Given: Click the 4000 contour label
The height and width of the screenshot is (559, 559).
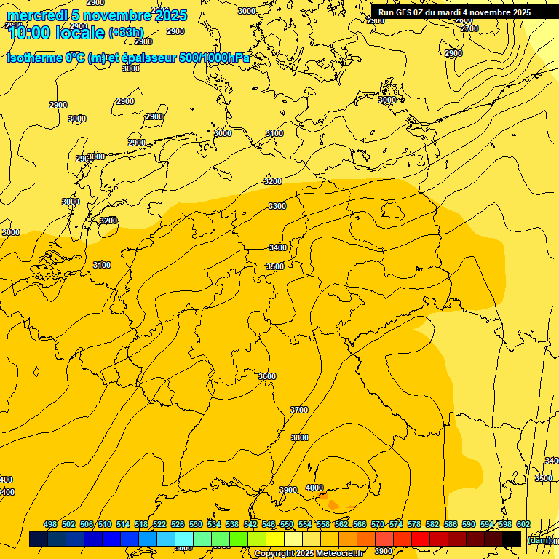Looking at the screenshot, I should [x=314, y=488].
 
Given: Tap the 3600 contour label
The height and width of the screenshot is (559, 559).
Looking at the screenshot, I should [x=267, y=376].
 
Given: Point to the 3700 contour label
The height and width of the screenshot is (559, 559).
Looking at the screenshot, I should [x=299, y=410].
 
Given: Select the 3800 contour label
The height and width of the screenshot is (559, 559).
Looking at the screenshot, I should [x=300, y=437].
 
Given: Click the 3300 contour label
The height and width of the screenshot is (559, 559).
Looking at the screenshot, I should [x=277, y=206].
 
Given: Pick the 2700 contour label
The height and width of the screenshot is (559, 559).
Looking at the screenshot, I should [x=469, y=28].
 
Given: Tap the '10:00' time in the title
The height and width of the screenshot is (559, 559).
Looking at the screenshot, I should [x=30, y=32].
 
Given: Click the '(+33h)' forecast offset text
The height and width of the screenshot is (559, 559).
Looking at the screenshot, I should [x=126, y=33].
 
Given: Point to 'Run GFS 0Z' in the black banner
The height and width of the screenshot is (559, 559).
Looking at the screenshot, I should [x=405, y=12].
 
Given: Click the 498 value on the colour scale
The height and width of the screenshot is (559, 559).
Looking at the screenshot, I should [x=50, y=524].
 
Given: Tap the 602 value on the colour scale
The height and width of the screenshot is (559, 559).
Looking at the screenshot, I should [x=523, y=524].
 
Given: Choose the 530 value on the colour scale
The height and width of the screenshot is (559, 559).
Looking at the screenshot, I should [x=196, y=524].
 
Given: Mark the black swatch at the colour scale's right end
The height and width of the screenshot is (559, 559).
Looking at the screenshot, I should [x=512, y=539].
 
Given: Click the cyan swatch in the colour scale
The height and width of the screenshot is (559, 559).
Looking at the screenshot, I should [x=184, y=539].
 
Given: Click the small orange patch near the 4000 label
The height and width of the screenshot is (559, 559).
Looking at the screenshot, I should [x=333, y=504].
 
